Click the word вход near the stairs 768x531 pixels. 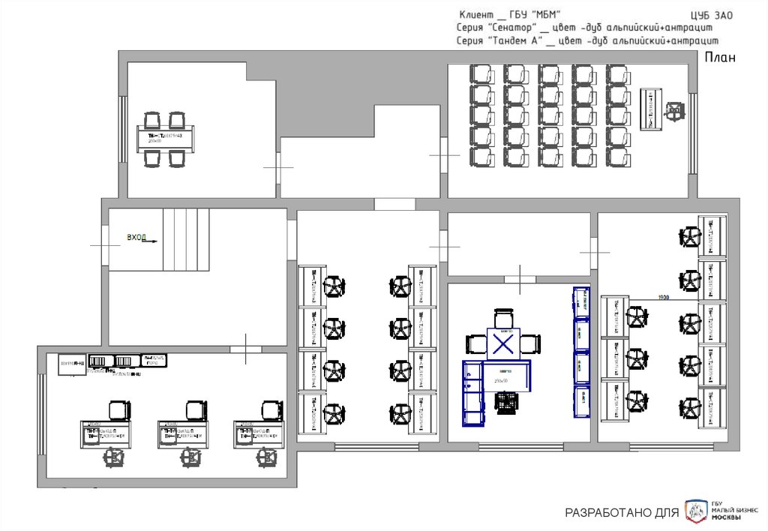[136, 238]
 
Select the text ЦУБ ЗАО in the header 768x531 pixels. [710, 15]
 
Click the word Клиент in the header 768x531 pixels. [475, 15]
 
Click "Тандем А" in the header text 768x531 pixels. [514, 40]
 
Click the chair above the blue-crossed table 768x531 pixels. [505, 319]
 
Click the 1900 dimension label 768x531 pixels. [663, 298]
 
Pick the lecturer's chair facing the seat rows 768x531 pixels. [676, 110]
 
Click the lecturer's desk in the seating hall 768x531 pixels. [652, 109]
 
